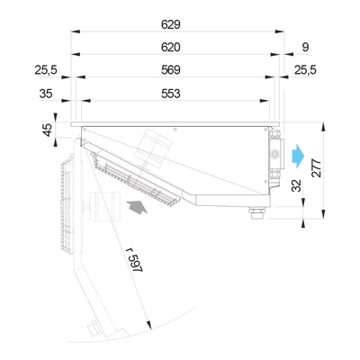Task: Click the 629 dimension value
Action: [171, 24]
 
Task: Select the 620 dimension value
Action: [171, 47]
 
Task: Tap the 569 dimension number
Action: [171, 70]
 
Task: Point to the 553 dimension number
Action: [171, 94]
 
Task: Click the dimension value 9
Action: [305, 47]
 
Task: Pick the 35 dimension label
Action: [46, 94]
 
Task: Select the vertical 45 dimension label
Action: [48, 130]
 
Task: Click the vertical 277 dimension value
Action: [317, 168]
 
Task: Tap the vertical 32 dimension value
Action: [296, 185]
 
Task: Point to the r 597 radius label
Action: [134, 260]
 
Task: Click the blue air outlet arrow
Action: [298, 156]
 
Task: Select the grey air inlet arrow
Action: [137, 208]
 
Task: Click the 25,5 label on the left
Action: [46, 70]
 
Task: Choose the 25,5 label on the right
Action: [305, 70]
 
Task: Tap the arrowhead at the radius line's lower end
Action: [148, 325]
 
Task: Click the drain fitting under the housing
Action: [256, 212]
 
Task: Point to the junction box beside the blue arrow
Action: [274, 155]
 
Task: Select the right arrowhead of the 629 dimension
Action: [280, 31]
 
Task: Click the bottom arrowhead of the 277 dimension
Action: [323, 214]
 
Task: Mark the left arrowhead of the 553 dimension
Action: [86, 101]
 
